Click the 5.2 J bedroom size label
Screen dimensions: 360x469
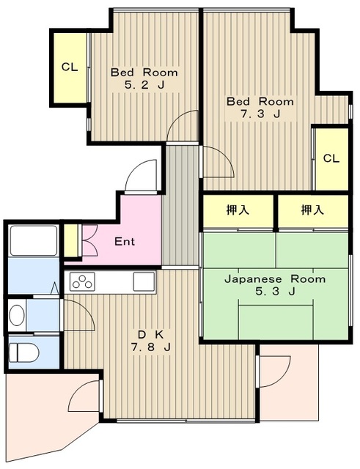[144, 86]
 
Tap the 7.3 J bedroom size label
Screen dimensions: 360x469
[260, 114]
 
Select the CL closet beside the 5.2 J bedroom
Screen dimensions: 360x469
[70, 67]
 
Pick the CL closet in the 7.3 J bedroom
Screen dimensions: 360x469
[332, 159]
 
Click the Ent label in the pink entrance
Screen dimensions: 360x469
[125, 241]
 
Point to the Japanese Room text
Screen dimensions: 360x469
[275, 279]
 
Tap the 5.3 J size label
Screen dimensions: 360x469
[275, 291]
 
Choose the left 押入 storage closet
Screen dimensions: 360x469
[238, 211]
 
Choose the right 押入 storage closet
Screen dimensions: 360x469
[313, 211]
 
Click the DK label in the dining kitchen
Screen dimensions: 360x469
[151, 334]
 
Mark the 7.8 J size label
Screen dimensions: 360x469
[151, 347]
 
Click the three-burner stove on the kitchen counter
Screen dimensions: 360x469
[82, 281]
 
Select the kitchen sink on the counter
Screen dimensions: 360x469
[144, 281]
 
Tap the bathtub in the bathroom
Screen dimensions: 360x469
[34, 240]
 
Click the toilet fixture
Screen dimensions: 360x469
[23, 352]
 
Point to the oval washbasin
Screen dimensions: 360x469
[17, 315]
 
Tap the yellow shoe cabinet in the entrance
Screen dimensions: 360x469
[71, 240]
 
